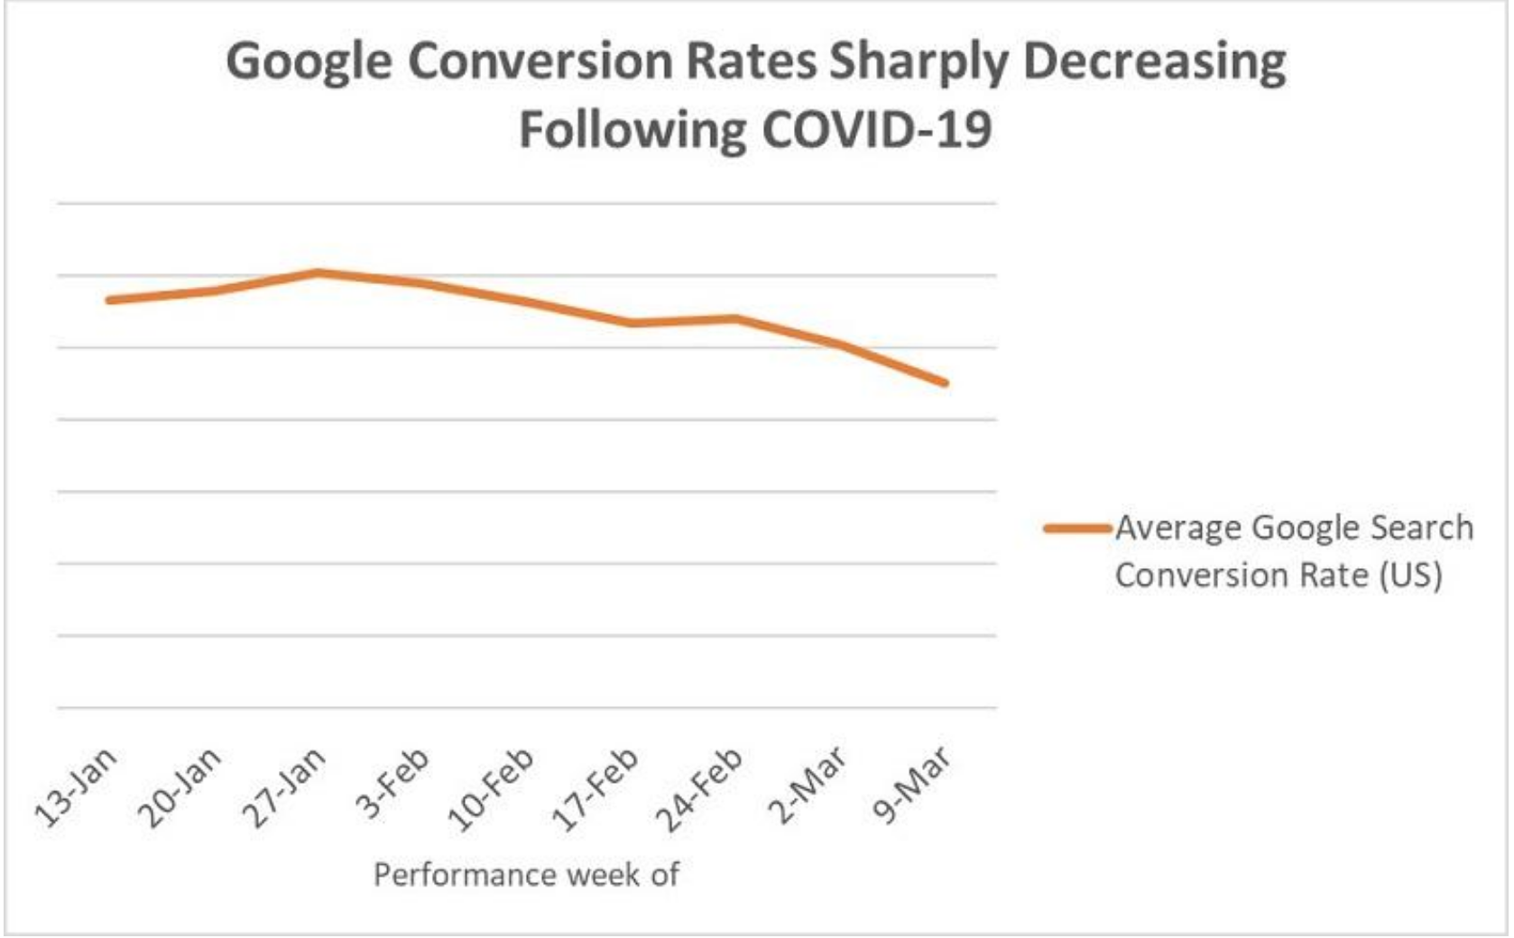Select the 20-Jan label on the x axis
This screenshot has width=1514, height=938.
click(x=180, y=786)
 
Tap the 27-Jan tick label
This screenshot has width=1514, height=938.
click(x=284, y=786)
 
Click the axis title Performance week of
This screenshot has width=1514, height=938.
click(x=526, y=875)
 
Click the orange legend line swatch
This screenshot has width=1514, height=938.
click(x=1077, y=529)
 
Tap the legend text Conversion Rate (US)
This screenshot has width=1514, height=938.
click(x=1278, y=575)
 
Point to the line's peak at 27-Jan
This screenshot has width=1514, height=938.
click(x=318, y=272)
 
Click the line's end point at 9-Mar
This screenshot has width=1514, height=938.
click(x=945, y=382)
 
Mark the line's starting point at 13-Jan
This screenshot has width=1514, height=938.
click(x=109, y=299)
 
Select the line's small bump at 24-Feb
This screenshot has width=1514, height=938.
click(x=736, y=318)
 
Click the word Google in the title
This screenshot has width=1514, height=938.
click(x=309, y=63)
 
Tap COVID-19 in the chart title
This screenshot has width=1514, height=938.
click(x=877, y=129)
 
